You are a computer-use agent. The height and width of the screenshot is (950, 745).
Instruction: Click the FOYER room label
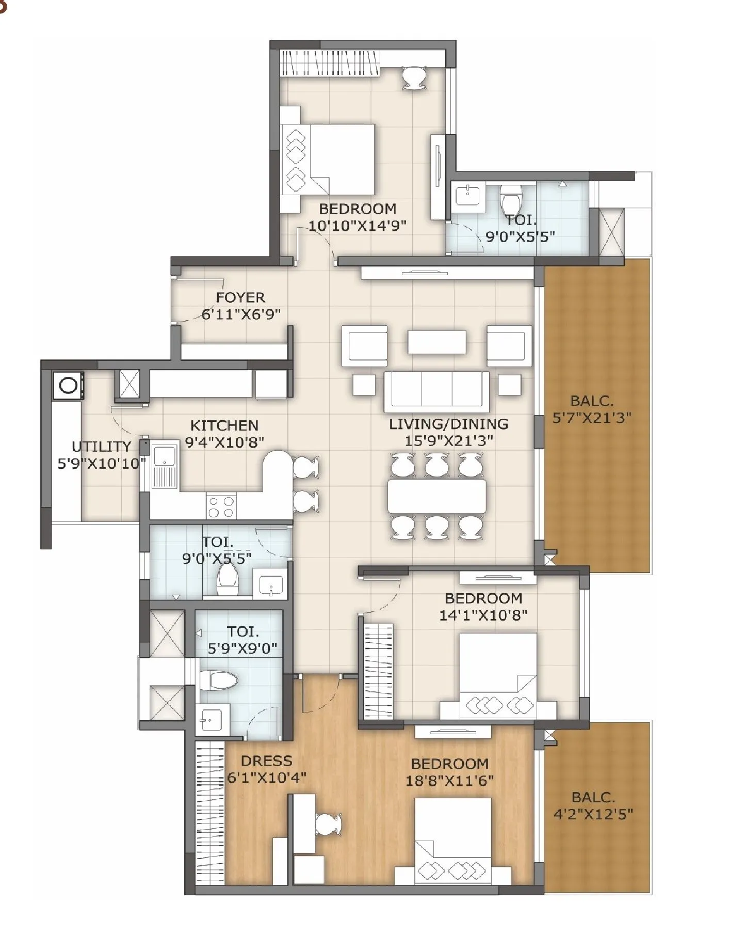(x=240, y=297)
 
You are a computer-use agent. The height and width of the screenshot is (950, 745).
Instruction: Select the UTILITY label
(x=101, y=446)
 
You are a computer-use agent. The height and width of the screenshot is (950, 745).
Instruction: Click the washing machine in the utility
(x=68, y=386)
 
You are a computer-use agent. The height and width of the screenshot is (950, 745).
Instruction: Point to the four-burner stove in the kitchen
(x=221, y=506)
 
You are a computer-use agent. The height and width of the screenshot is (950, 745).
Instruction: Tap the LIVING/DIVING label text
(x=448, y=424)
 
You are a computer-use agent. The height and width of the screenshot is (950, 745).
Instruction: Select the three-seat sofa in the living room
(x=436, y=391)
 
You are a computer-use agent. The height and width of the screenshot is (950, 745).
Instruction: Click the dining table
(x=436, y=496)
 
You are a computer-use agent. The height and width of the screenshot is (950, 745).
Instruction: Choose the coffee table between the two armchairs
(x=436, y=342)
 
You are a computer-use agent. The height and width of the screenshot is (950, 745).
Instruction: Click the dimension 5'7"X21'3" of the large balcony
(x=592, y=418)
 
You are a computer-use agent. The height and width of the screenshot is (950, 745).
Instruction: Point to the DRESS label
(x=266, y=761)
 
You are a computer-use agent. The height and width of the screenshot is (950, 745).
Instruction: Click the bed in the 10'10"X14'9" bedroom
(x=328, y=159)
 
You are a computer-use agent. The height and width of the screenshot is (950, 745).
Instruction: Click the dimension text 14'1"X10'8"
(x=483, y=615)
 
